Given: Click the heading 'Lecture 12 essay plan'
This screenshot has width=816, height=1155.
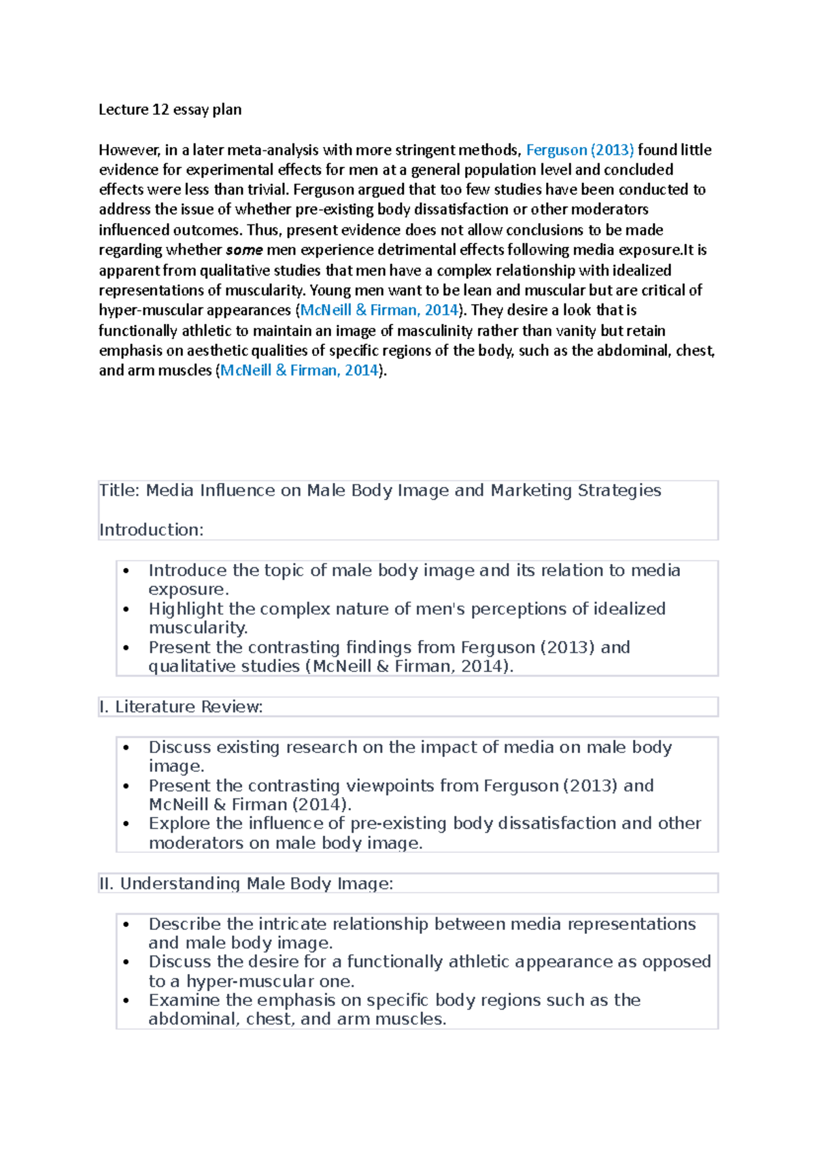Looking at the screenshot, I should pyautogui.click(x=170, y=110).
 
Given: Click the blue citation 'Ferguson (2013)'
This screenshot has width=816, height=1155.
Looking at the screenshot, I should pyautogui.click(x=580, y=150).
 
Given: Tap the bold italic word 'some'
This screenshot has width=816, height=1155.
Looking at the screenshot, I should pyautogui.click(x=244, y=250).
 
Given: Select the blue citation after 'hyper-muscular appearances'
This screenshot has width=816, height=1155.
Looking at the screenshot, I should pyautogui.click(x=379, y=310).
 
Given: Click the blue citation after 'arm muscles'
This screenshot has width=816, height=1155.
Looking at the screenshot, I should pyautogui.click(x=299, y=371).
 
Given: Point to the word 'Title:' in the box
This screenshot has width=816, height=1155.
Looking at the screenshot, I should pyautogui.click(x=120, y=490).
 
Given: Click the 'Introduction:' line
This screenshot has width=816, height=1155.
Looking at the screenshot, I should pyautogui.click(x=152, y=530).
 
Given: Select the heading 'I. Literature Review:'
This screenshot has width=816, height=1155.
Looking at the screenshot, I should pyautogui.click(x=181, y=707).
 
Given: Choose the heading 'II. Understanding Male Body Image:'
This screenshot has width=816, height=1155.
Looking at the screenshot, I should pyautogui.click(x=246, y=884).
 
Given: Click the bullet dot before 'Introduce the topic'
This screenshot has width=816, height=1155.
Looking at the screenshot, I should pyautogui.click(x=126, y=571).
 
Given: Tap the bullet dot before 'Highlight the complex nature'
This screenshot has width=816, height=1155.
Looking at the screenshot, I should pyautogui.click(x=126, y=609).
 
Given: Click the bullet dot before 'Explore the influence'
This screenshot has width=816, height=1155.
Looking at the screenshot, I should pyautogui.click(x=126, y=824).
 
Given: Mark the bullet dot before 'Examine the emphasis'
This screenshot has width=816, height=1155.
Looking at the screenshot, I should pyautogui.click(x=126, y=1001).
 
